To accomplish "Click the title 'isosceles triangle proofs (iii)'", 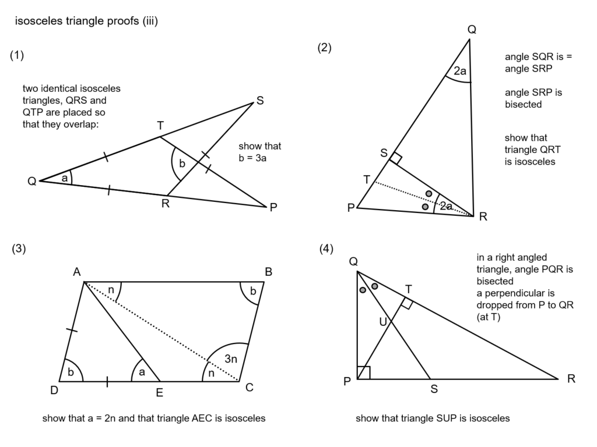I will coord(86,22).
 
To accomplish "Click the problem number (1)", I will coord(17,56).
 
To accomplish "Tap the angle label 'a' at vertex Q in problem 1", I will coord(64,178).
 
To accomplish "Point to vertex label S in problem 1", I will coord(260,101).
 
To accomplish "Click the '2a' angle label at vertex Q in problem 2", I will coord(460,72).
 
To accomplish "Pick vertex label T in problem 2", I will coord(367,179).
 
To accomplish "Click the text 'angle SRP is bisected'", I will coord(533,98).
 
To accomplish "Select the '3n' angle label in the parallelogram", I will coord(231,360).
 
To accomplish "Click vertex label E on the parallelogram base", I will coord(159,393).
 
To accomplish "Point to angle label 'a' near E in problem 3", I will coord(142,372).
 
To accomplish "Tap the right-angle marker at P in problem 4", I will coord(363,372).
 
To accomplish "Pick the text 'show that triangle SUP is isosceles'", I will coord(432,418).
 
